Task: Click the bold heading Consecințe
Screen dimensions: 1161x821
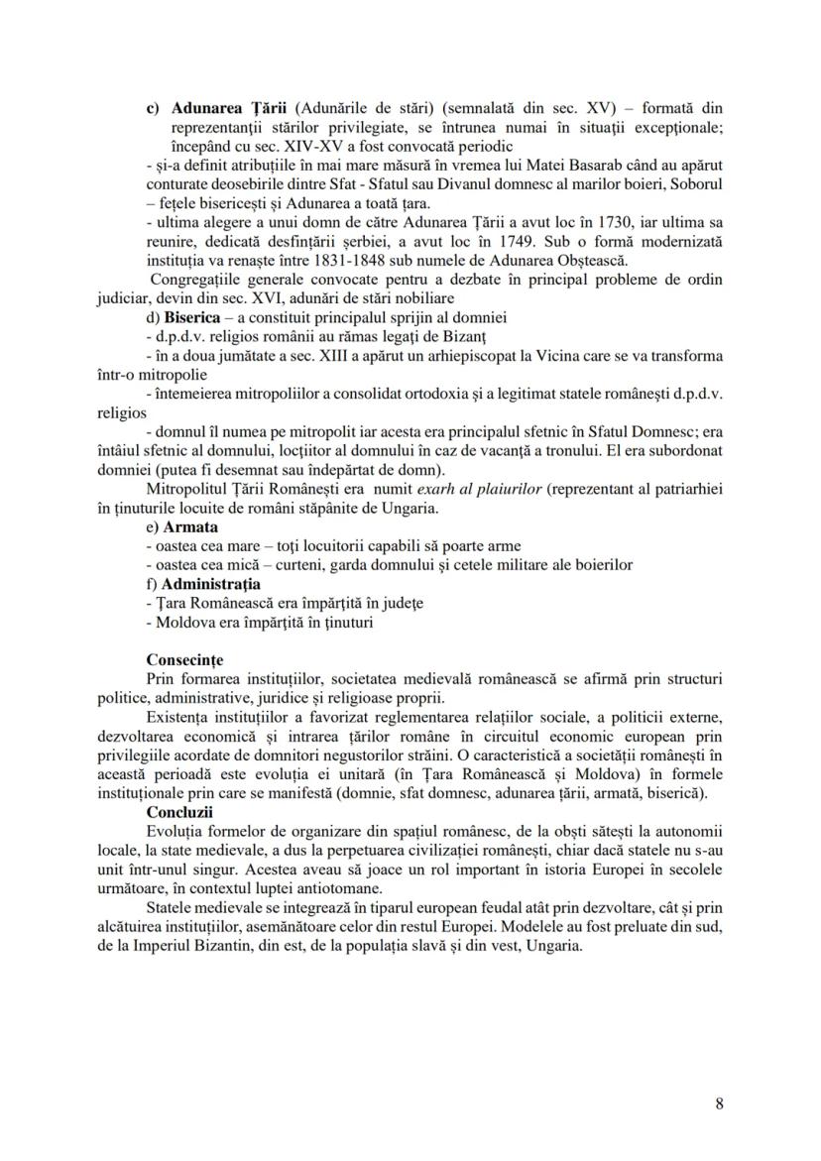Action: pyautogui.click(x=184, y=659)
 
